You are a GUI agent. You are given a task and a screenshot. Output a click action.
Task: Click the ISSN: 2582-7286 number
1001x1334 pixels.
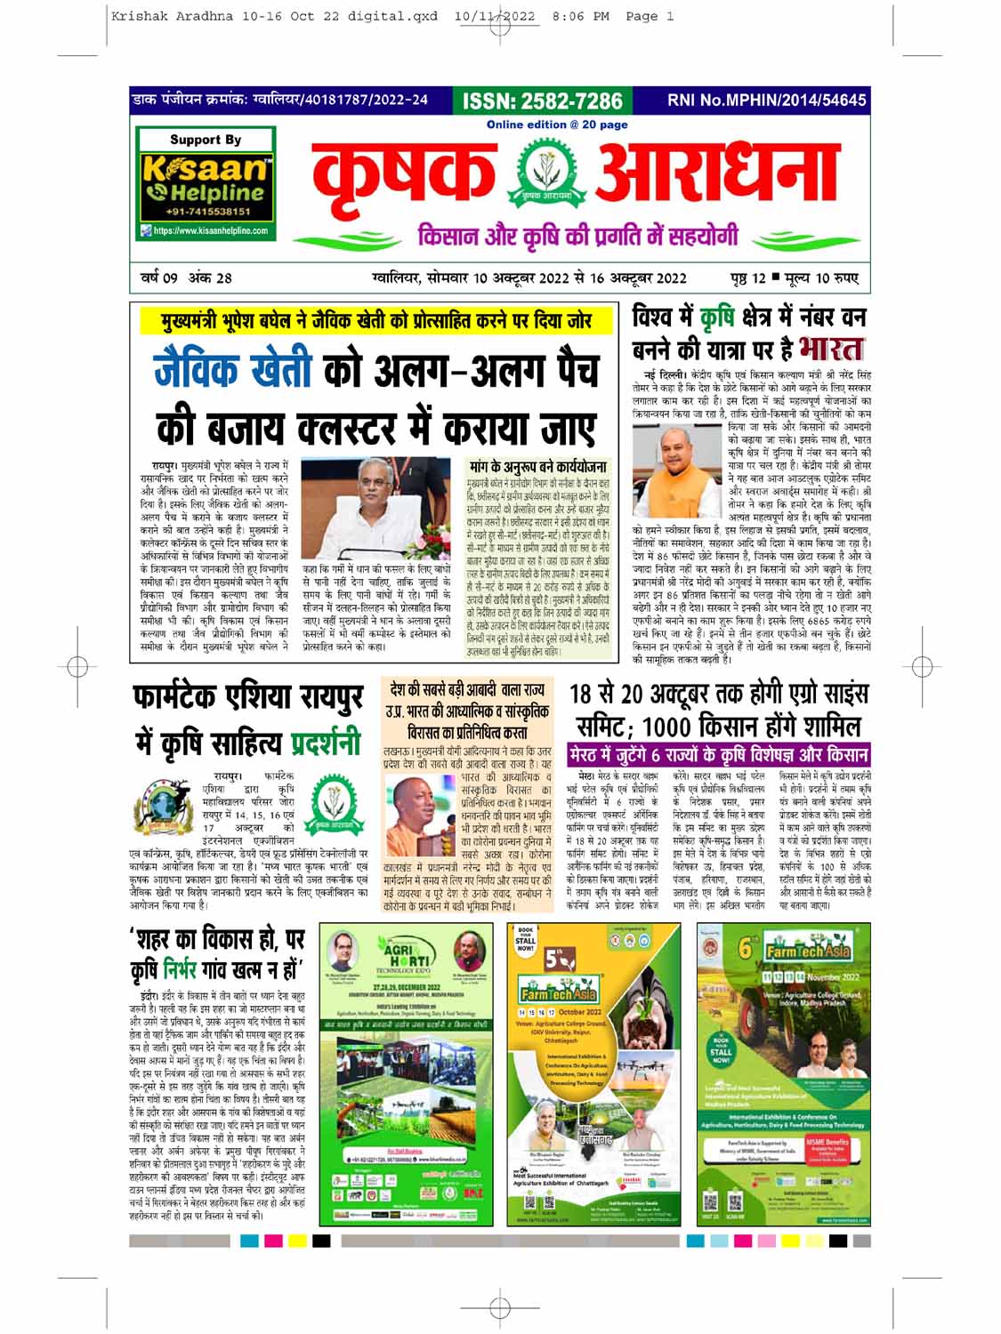pyautogui.click(x=542, y=100)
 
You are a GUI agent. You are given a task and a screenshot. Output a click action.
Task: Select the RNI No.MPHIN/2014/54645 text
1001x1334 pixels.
pyautogui.click(x=766, y=100)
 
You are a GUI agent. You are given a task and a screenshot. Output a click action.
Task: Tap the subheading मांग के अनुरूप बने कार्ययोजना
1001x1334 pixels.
pyautogui.click(x=539, y=467)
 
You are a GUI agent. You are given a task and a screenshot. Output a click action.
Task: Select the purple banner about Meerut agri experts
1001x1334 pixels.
pyautogui.click(x=719, y=755)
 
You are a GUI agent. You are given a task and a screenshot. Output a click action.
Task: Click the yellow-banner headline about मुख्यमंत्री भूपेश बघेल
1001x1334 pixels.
pyautogui.click(x=375, y=321)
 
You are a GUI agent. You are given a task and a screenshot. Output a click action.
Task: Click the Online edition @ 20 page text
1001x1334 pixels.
pyautogui.click(x=557, y=125)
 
